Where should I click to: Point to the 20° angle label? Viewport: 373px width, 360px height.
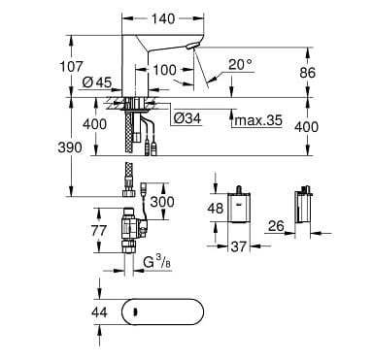pyautogui.click(x=239, y=65)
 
